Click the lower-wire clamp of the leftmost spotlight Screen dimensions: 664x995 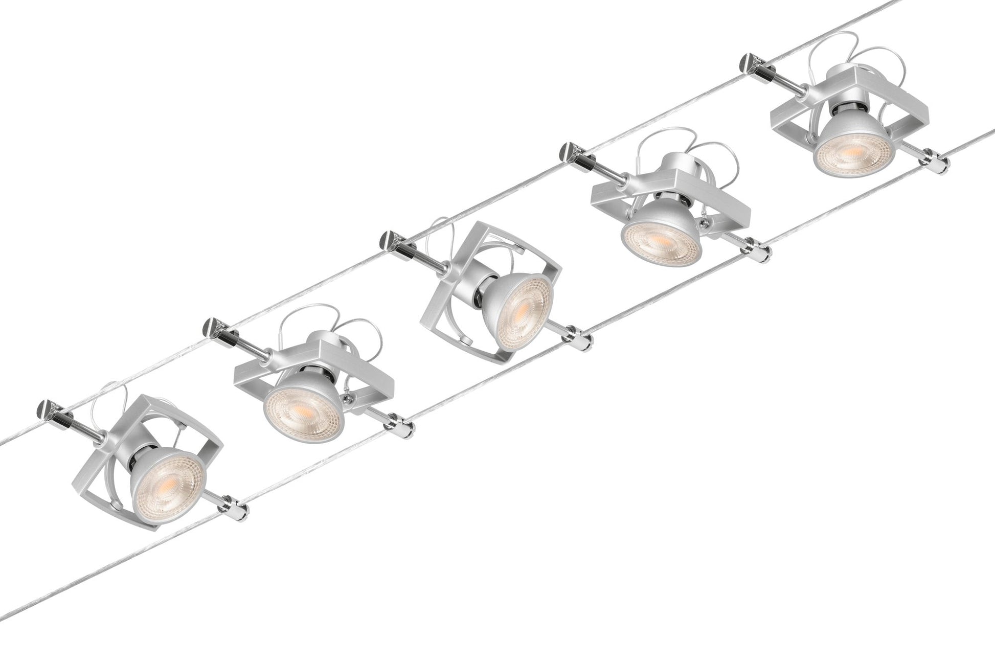tap(239, 509)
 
